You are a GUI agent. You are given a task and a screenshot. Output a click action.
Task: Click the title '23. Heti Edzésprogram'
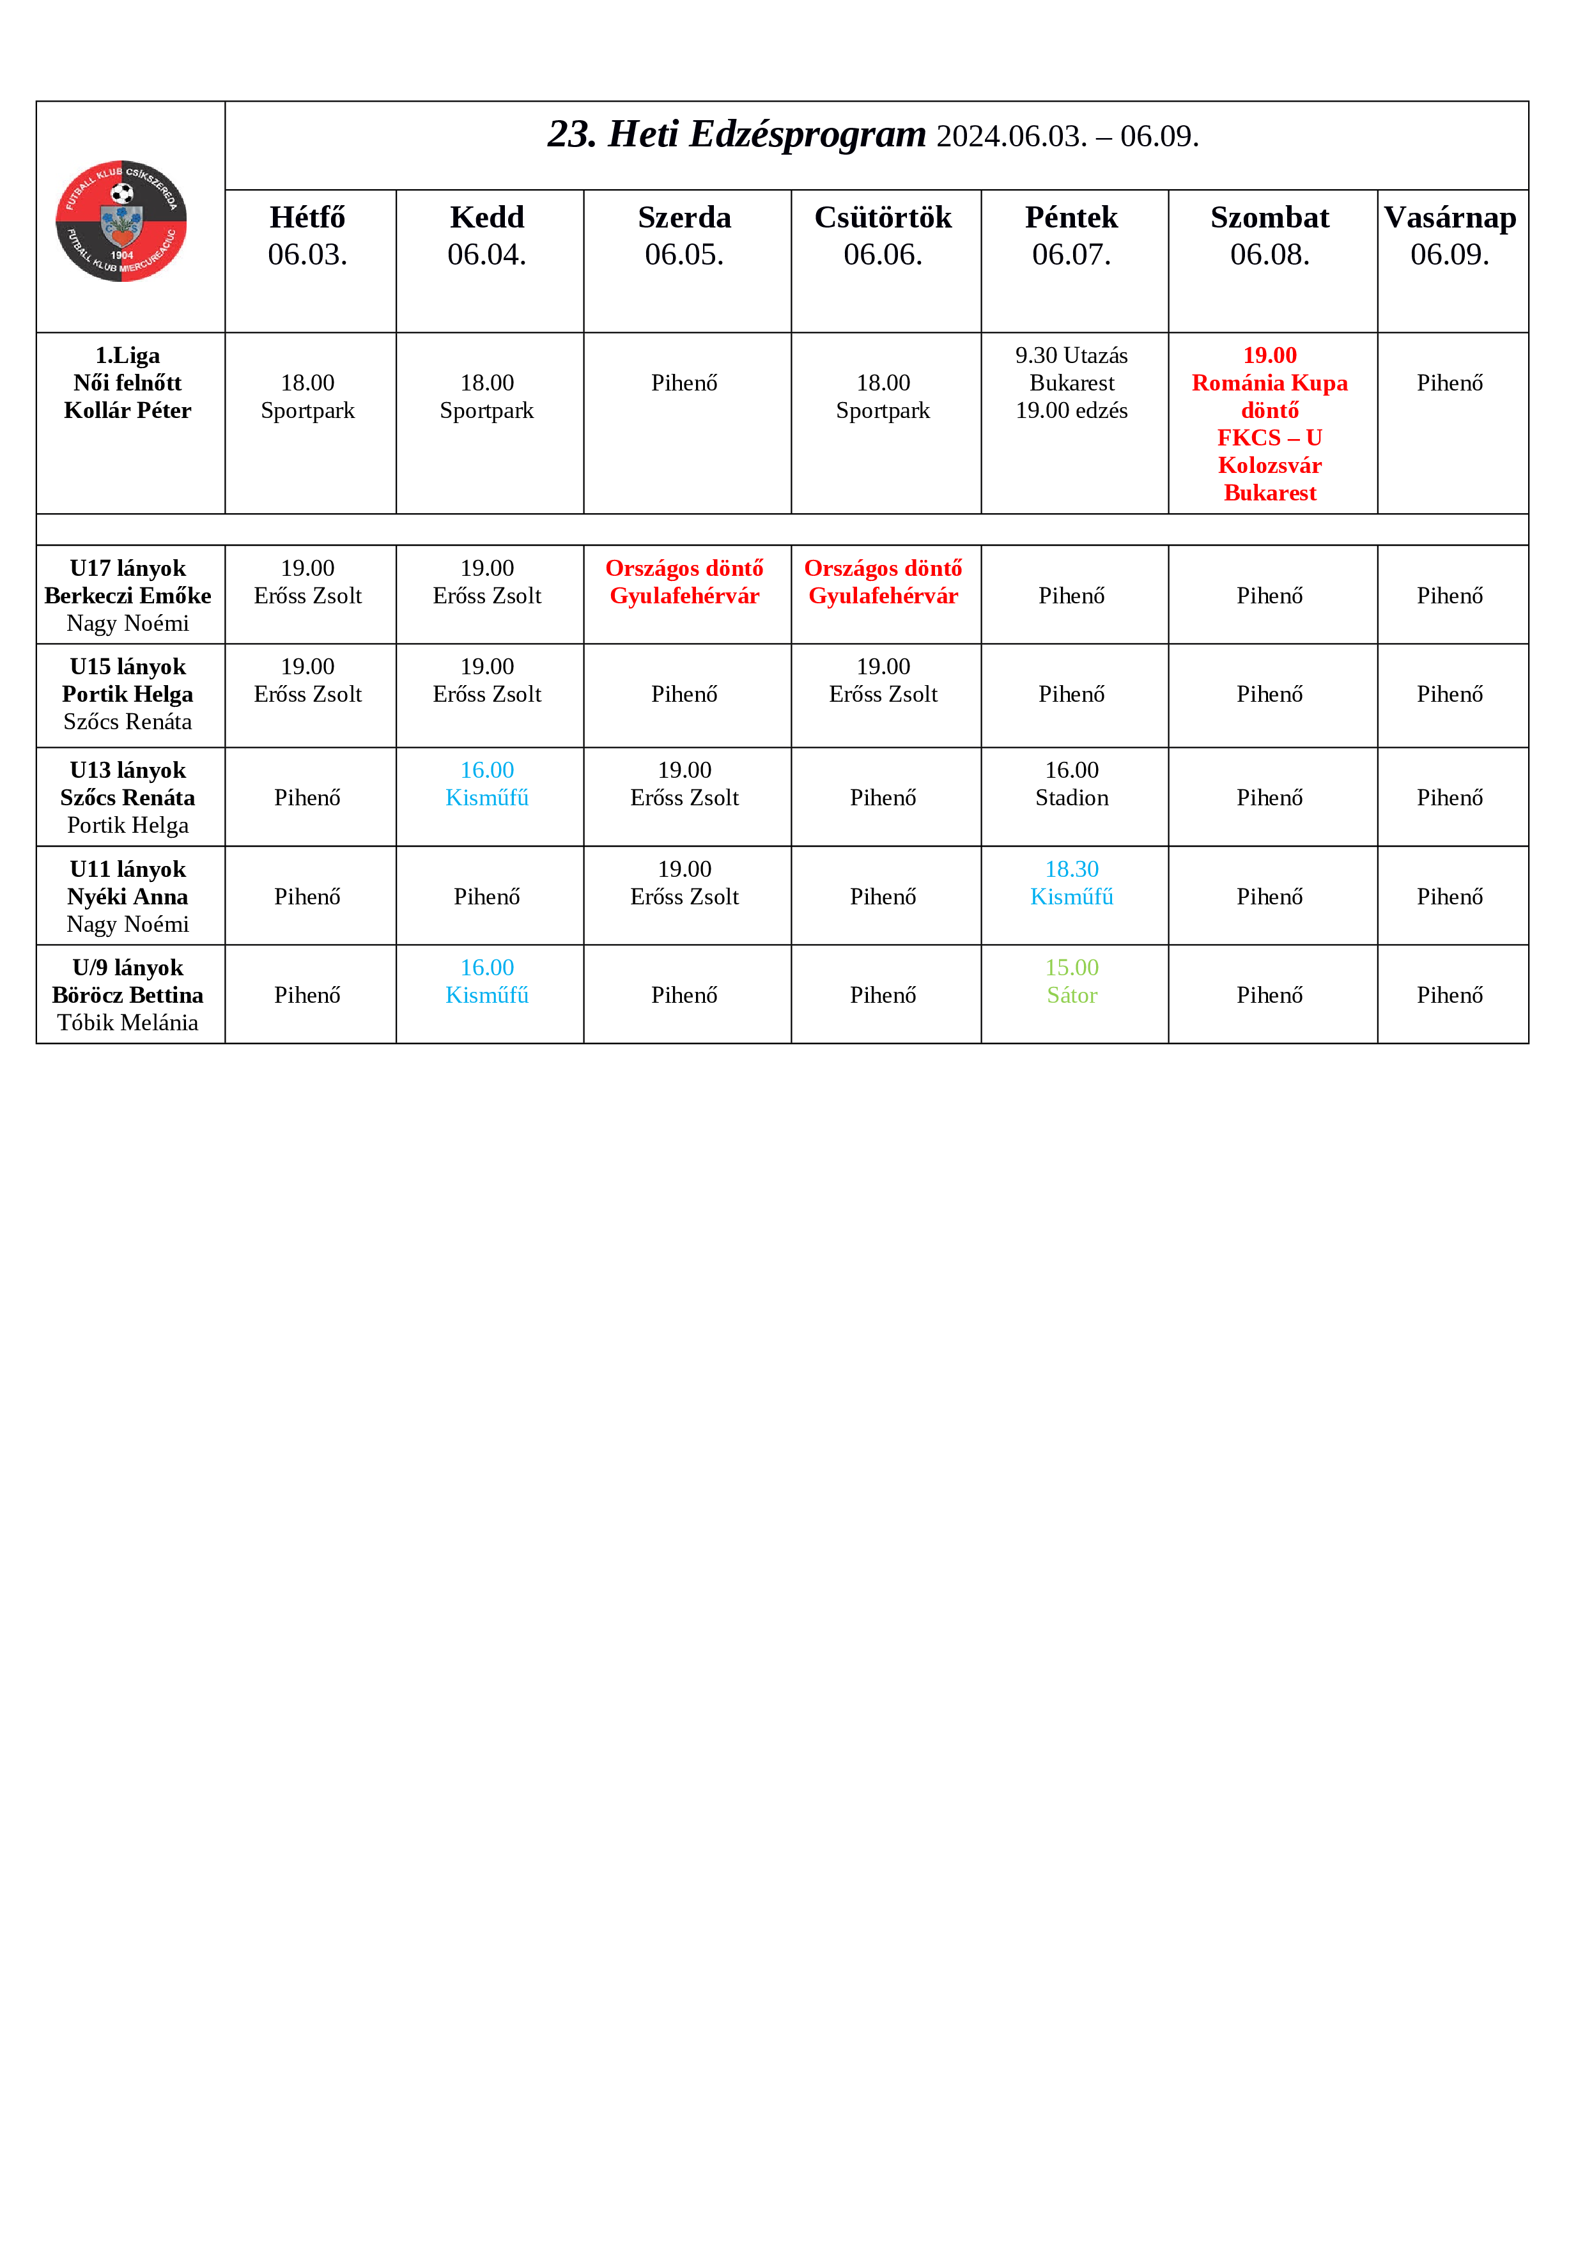click(x=736, y=135)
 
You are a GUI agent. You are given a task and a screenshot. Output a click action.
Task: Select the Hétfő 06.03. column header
click(x=307, y=235)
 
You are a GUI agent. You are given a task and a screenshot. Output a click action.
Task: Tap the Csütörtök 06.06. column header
click(x=883, y=235)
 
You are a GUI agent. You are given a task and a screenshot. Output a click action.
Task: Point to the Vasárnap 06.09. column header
click(x=1450, y=235)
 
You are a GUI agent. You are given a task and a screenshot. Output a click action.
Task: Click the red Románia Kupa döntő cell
click(x=1269, y=424)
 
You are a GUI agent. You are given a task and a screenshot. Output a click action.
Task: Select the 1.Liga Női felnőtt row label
click(x=127, y=369)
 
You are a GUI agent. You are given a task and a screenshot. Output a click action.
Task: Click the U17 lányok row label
click(x=128, y=568)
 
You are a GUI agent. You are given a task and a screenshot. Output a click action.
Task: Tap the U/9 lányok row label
click(x=128, y=968)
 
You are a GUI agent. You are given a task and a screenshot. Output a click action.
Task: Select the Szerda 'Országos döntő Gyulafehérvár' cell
click(x=684, y=582)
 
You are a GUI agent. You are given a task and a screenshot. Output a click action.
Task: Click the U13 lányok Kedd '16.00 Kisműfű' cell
click(x=486, y=784)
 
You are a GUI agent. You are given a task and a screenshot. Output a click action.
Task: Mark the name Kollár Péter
click(x=128, y=410)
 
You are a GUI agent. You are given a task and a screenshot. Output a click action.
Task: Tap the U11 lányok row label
click(x=128, y=869)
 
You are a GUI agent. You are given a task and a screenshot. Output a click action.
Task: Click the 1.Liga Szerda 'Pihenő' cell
click(x=684, y=383)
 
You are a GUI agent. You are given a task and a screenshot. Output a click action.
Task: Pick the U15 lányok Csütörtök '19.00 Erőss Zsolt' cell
click(x=883, y=681)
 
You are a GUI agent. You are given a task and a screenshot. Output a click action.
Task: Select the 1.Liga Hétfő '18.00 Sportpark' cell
click(x=307, y=396)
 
